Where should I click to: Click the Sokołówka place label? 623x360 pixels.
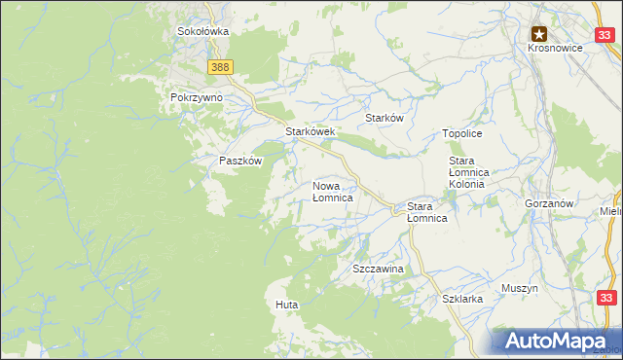(x=202, y=31)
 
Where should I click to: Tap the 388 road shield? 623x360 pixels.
(x=220, y=66)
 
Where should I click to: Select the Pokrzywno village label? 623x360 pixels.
(x=197, y=98)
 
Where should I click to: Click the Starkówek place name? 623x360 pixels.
(x=310, y=131)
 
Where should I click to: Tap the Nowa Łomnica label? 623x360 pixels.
(x=332, y=191)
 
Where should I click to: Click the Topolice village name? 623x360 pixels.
(x=462, y=133)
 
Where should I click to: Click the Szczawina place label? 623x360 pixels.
(x=378, y=267)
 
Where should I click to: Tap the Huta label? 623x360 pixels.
(x=286, y=305)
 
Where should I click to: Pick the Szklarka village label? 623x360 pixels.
(x=462, y=300)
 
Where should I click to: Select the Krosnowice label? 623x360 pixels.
(x=553, y=49)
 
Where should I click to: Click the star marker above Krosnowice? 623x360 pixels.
(x=538, y=33)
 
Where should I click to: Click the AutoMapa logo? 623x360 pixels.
(x=557, y=342)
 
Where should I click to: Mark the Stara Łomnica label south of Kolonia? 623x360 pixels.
(x=426, y=212)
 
